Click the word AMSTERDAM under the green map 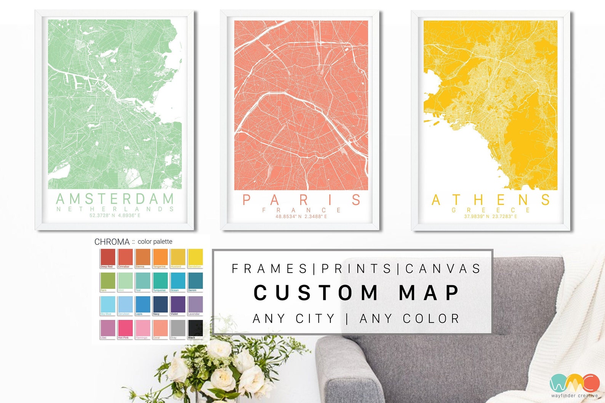(115, 199)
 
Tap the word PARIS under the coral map (301, 200)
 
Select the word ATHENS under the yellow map (491, 200)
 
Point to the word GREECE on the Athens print (491, 210)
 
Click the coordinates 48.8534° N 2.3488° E (301, 217)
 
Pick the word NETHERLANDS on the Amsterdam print (115, 209)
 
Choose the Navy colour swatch (160, 304)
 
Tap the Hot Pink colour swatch (125, 328)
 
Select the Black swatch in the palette (195, 328)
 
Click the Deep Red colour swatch (107, 257)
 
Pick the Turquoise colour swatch (160, 281)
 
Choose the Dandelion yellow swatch (195, 257)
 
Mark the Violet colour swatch (178, 304)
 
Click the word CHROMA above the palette (112, 242)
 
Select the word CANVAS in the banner (443, 268)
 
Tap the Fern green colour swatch (107, 281)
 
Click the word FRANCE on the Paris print (301, 210)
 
